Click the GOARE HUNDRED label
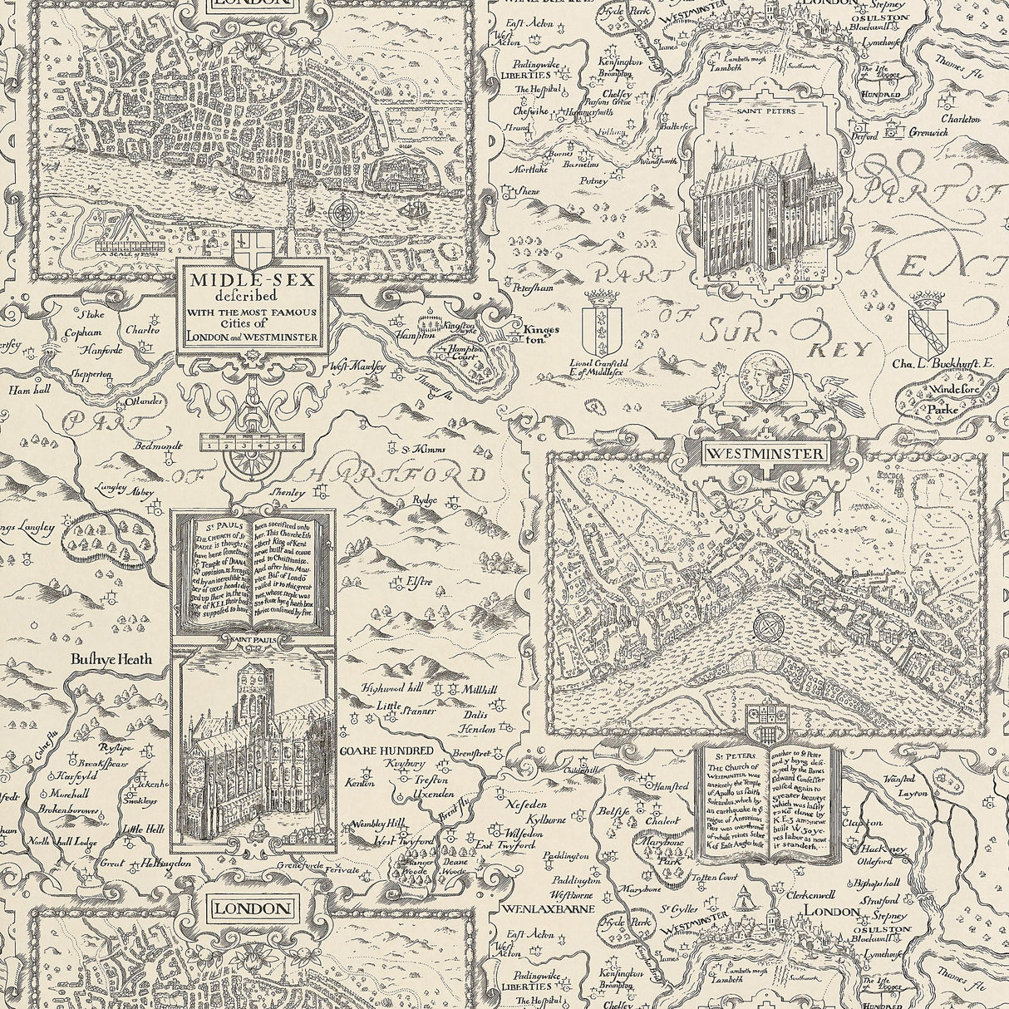(x=378, y=750)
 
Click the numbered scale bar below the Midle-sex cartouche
(x=253, y=445)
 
